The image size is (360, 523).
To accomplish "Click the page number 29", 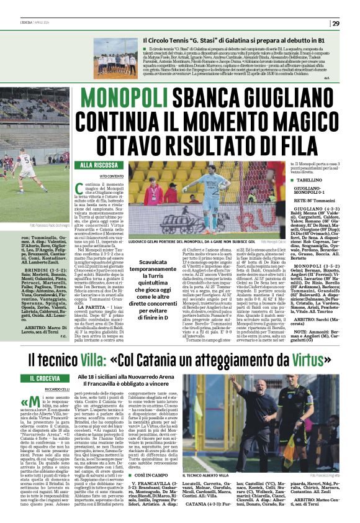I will tap(336, 23).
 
